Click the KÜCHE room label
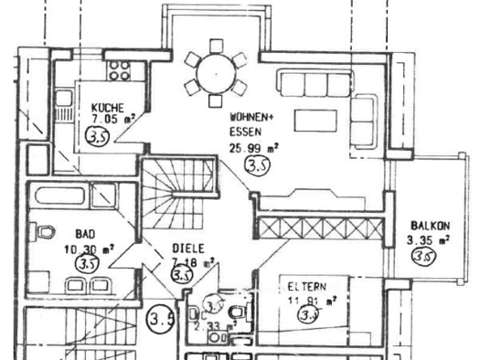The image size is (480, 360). click(107, 109)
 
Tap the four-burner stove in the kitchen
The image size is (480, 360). click(120, 68)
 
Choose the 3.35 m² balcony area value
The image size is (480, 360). click(427, 241)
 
